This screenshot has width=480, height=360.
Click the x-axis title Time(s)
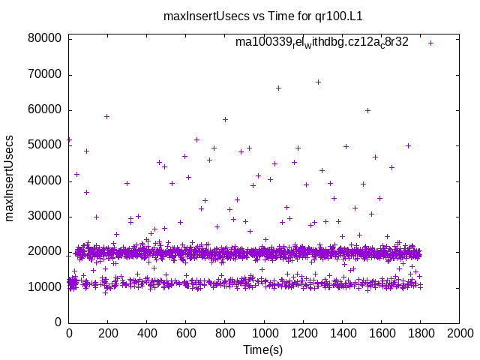(x=264, y=349)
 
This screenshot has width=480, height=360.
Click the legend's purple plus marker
(x=430, y=43)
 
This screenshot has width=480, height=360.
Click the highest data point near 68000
(x=318, y=82)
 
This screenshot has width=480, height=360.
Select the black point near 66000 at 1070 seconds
(x=278, y=88)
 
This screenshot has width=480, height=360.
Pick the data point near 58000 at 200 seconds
(x=107, y=116)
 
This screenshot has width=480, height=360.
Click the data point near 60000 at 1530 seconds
(x=367, y=110)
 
